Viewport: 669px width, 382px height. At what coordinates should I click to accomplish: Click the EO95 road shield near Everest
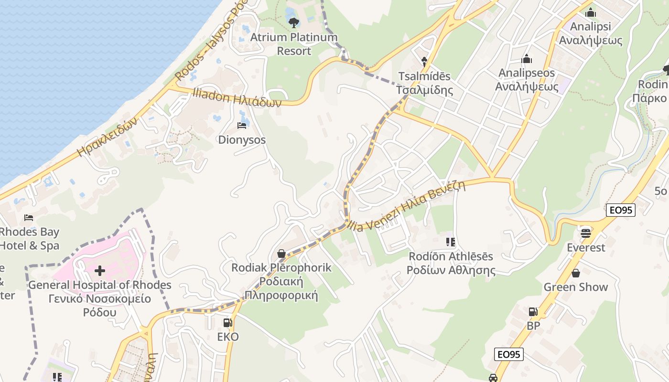(620, 210)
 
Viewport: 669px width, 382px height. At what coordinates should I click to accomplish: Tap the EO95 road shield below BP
(508, 354)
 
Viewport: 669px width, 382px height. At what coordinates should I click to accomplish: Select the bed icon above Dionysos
(242, 126)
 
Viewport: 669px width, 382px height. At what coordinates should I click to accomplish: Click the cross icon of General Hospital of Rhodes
(100, 271)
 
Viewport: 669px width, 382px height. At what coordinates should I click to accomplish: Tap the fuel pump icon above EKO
(228, 322)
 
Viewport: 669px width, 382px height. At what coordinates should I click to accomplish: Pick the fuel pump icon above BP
(533, 312)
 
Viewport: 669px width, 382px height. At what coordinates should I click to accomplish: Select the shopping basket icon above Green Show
(576, 273)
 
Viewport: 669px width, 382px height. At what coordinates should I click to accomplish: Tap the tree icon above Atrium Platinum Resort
(294, 22)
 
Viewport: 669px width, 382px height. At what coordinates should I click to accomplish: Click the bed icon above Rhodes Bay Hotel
(29, 218)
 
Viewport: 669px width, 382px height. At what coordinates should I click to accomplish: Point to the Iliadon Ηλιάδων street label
(237, 97)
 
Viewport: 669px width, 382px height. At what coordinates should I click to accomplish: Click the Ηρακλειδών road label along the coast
(107, 137)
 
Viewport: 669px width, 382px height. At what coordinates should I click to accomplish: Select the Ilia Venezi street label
(406, 206)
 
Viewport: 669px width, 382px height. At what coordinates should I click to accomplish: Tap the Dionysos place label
(242, 140)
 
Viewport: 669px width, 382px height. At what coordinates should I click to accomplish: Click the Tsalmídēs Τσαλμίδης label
(423, 83)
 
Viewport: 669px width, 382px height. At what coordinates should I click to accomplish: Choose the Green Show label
(576, 287)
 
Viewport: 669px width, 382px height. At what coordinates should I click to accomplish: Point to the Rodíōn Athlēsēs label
(451, 263)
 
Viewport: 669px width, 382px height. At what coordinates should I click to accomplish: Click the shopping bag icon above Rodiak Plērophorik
(281, 254)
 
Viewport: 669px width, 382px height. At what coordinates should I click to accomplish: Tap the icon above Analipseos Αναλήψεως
(527, 59)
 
